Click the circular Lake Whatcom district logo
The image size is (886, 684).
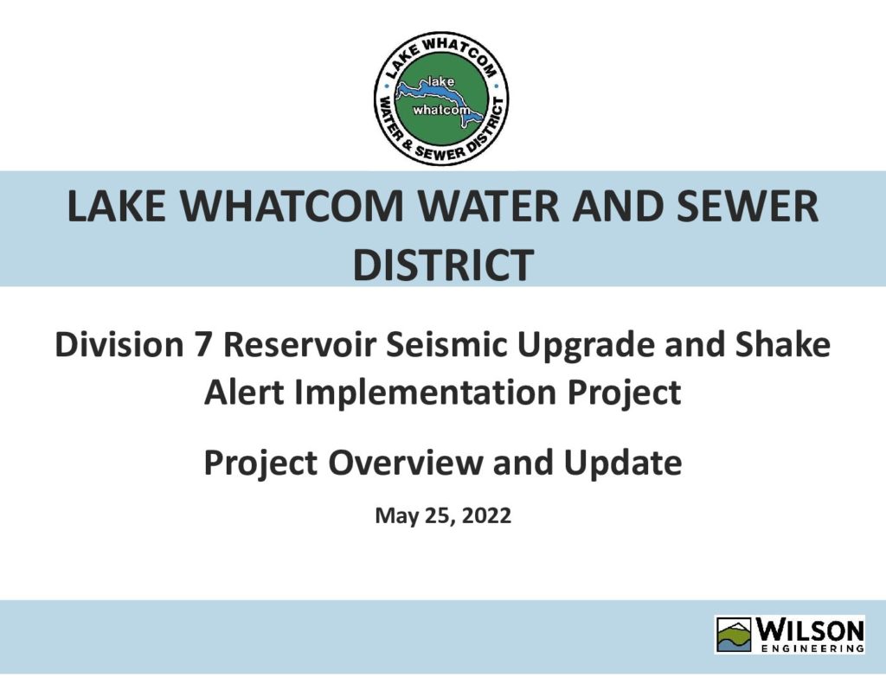[441, 100]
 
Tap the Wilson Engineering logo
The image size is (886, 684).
[790, 635]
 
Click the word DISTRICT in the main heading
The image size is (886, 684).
[444, 264]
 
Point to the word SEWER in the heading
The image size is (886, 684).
[748, 206]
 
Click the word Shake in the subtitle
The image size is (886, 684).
[782, 344]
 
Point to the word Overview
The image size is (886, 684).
[406, 462]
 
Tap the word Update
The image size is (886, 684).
[623, 463]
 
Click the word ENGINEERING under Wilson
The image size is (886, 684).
[812, 649]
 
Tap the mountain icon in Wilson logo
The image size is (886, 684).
[735, 635]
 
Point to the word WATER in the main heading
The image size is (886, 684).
[489, 206]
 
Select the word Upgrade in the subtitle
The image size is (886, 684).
[586, 345]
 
